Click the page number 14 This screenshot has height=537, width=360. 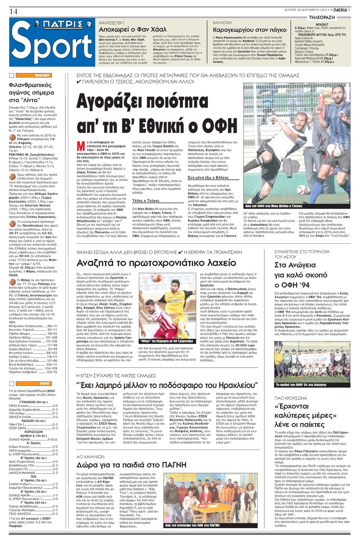coord(13,11)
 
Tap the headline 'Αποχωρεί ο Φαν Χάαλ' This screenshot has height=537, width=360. coord(133,29)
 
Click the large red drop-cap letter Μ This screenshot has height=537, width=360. coord(80,146)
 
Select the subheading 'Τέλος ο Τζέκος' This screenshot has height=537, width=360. coord(146,201)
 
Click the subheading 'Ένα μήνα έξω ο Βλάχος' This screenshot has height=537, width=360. coord(208,177)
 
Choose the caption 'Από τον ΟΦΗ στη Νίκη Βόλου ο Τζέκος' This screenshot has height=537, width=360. coord(274,206)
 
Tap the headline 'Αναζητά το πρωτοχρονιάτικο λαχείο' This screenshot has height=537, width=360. coord(156,263)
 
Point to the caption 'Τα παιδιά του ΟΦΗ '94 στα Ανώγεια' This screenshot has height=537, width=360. coord(301,385)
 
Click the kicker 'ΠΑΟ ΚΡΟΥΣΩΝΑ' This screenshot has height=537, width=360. coord(291,398)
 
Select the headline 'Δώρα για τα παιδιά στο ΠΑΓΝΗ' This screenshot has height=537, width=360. coord(131,465)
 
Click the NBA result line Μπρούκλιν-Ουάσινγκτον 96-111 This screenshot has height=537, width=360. coord(33,326)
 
